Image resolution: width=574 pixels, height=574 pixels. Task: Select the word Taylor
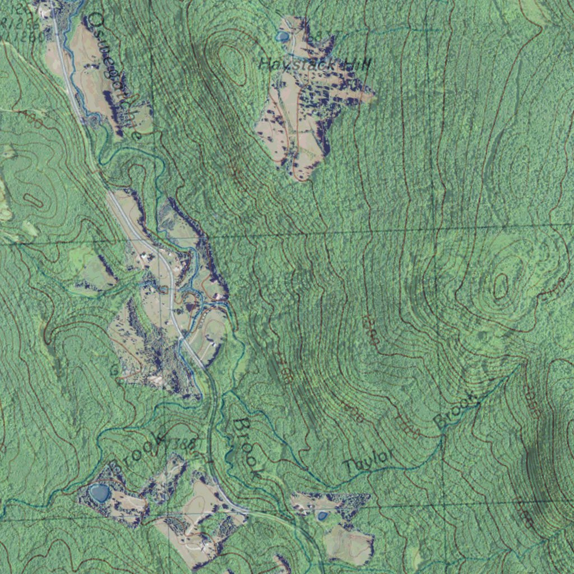(x=368, y=460)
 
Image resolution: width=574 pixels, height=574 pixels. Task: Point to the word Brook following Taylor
(x=456, y=413)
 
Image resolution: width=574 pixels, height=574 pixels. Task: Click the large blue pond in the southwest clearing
(x=100, y=493)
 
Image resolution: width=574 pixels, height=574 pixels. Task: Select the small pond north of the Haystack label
(x=282, y=37)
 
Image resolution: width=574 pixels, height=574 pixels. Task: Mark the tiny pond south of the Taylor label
(x=322, y=515)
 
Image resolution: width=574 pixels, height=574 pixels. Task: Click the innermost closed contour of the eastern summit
(x=501, y=286)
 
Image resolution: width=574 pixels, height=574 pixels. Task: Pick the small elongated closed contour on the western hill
(x=33, y=200)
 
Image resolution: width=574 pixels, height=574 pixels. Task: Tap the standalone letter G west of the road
(x=114, y=371)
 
